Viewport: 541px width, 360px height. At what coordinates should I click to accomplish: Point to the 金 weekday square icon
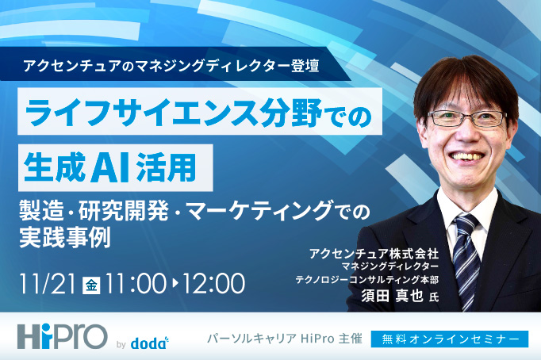92,283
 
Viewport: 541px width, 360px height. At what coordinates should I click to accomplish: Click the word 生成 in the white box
53,167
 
